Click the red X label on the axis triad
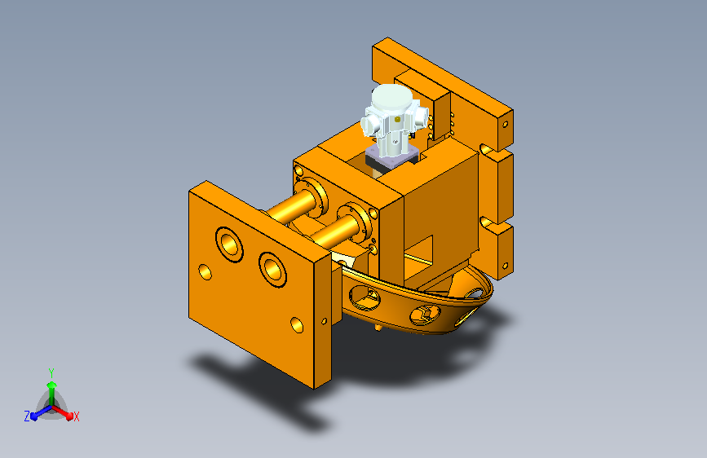(76, 417)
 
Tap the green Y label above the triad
(51, 373)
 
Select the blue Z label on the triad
(27, 416)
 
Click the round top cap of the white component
(391, 97)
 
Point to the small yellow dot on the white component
(397, 120)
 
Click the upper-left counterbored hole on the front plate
(229, 244)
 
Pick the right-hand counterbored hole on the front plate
(273, 270)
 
